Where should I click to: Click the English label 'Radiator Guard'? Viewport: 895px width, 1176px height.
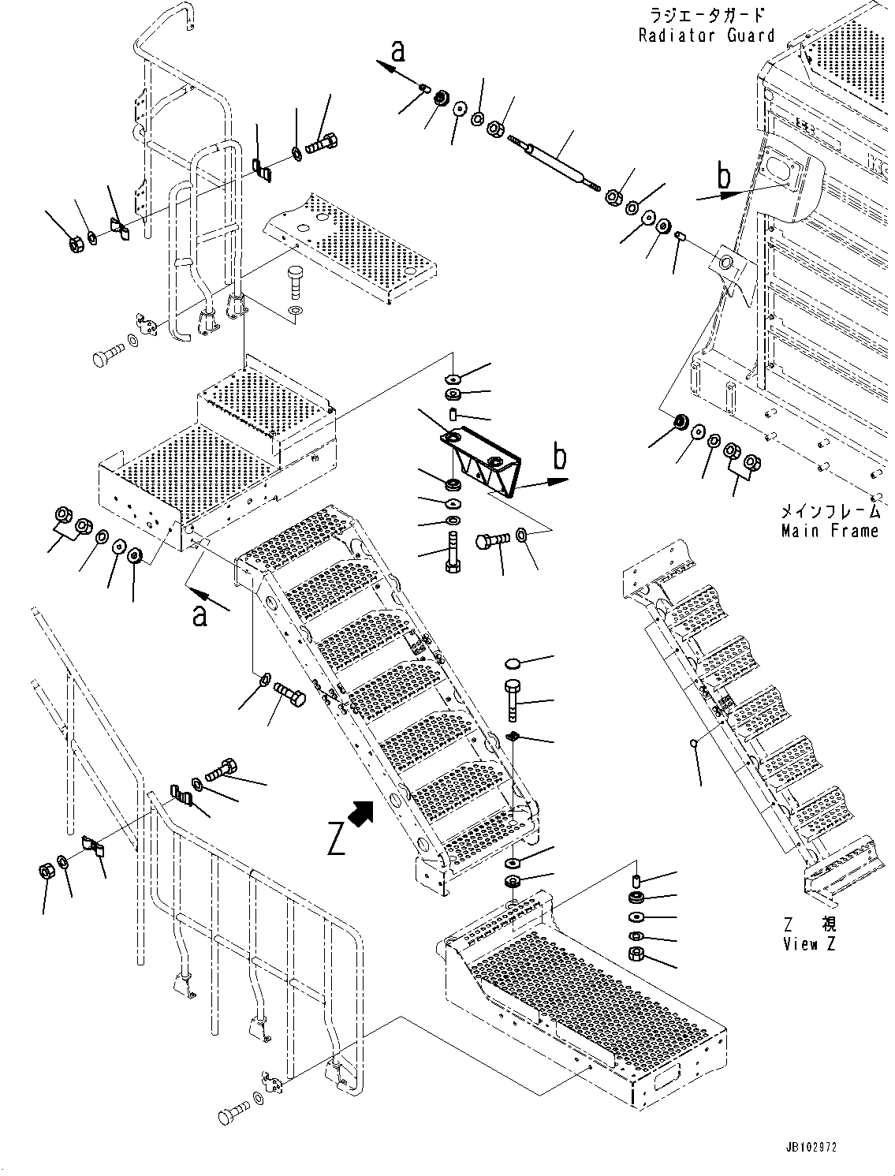[707, 35]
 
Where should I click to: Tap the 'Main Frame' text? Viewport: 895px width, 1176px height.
[829, 531]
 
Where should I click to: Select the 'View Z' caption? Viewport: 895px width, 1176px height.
[809, 944]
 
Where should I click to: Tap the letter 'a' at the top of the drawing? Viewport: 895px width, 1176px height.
[398, 51]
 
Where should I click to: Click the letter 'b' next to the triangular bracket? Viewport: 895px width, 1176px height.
[559, 457]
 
